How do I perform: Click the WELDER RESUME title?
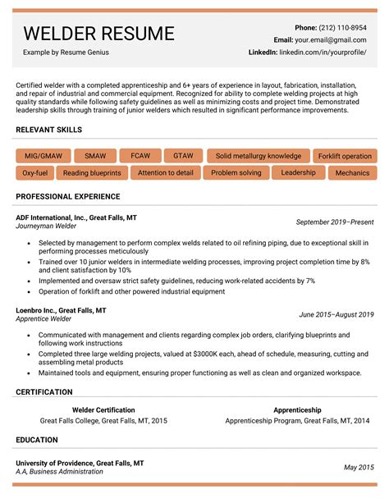(x=98, y=34)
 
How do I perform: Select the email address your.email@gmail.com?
(x=332, y=39)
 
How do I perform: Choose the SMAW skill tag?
(x=94, y=156)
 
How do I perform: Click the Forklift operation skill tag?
(x=345, y=156)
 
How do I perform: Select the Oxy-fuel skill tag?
(x=34, y=173)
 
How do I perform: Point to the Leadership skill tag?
(x=298, y=172)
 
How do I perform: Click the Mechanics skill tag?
(x=352, y=173)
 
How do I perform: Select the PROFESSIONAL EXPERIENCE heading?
(x=68, y=197)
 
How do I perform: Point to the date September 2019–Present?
(x=335, y=222)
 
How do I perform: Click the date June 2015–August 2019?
(x=336, y=314)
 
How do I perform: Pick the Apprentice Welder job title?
(x=44, y=318)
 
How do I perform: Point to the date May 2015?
(x=358, y=467)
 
